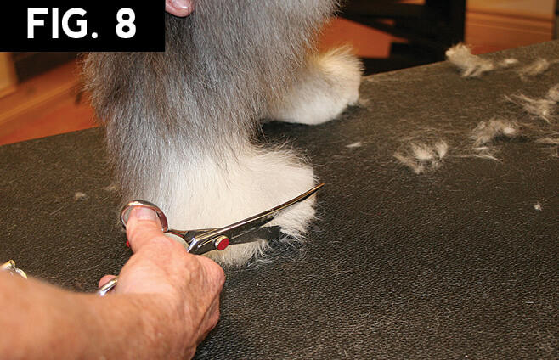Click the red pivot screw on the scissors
(x=223, y=244)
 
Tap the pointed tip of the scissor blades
(x=323, y=184)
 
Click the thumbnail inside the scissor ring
(x=144, y=214)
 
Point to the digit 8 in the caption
(x=126, y=24)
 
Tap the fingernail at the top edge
(x=180, y=5)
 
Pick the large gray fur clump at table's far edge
(x=467, y=60)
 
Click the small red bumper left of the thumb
(x=128, y=244)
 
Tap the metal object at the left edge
(x=13, y=269)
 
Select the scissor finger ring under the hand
(x=108, y=285)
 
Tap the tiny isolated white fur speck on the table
(x=537, y=205)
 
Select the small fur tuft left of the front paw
(x=80, y=195)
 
